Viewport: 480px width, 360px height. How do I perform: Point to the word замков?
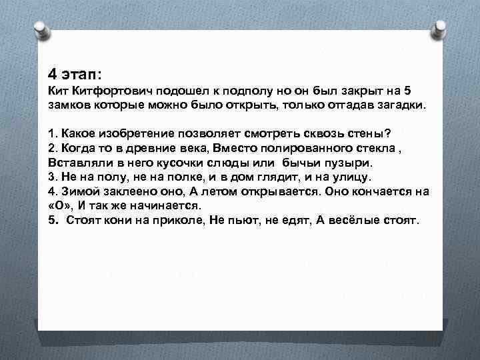tap(69, 106)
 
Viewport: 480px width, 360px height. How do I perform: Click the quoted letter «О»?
tap(61, 206)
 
